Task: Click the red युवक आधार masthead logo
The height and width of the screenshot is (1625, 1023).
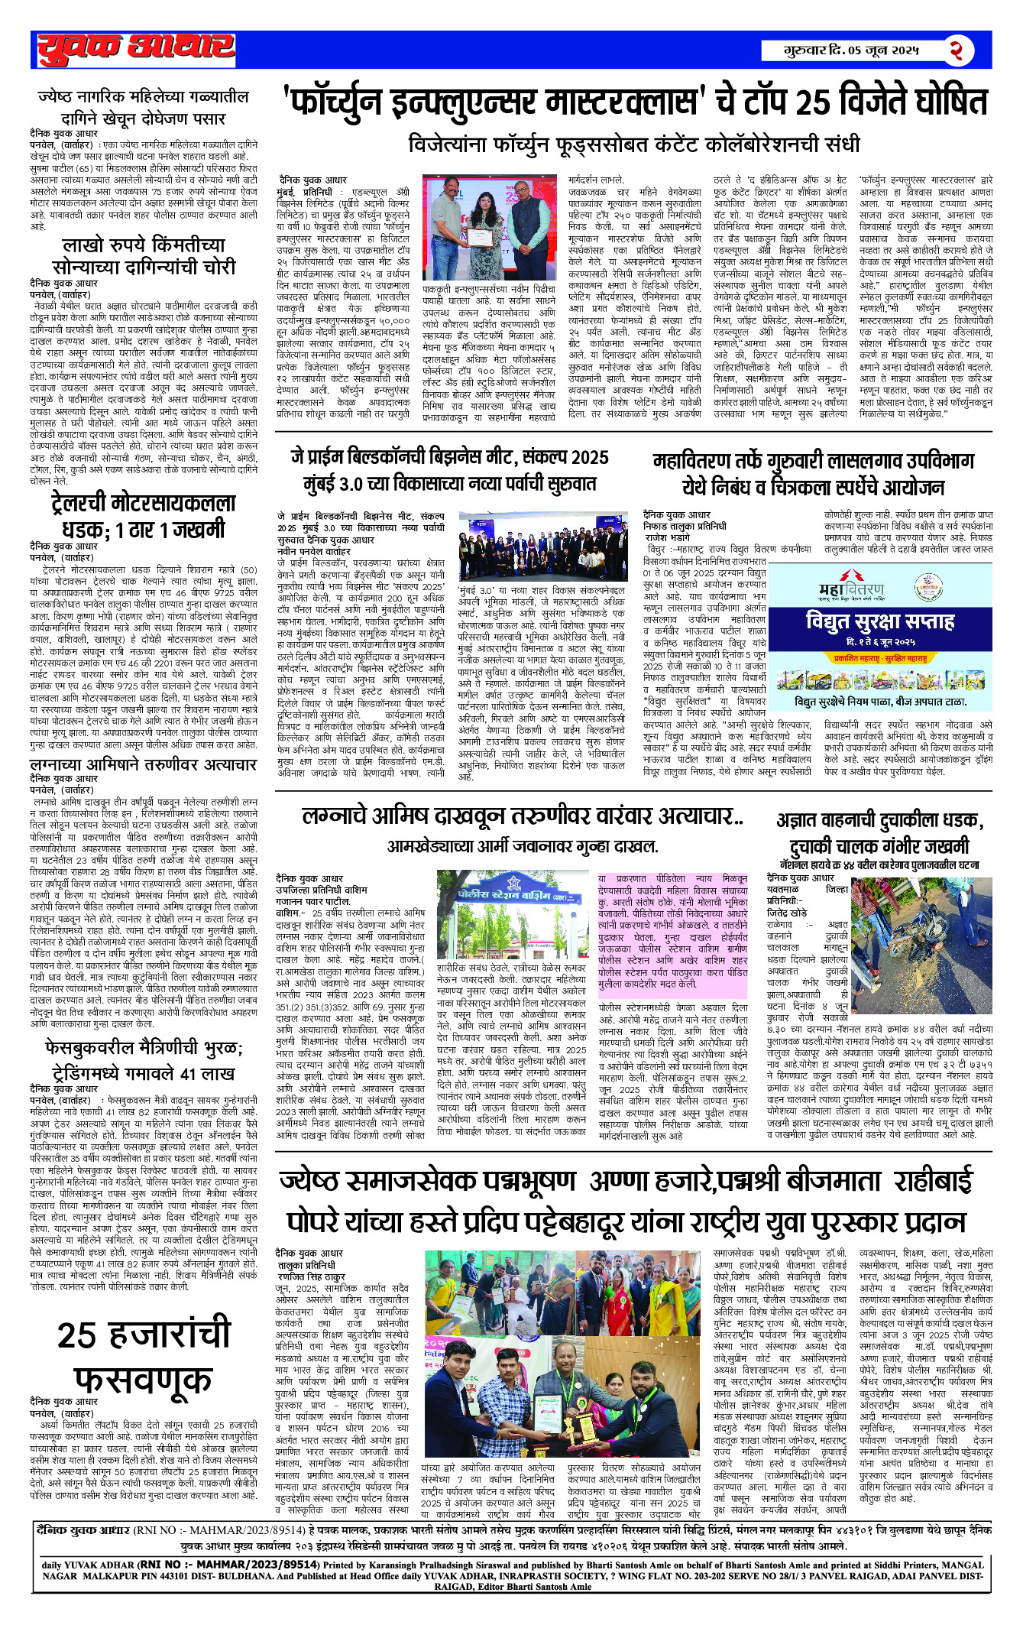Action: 135,48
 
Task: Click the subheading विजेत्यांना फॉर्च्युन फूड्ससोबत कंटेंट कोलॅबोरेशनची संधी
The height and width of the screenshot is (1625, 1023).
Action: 634,144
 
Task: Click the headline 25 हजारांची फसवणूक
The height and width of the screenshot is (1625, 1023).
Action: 144,1357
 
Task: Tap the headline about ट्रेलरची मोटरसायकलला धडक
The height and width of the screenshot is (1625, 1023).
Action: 144,516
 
